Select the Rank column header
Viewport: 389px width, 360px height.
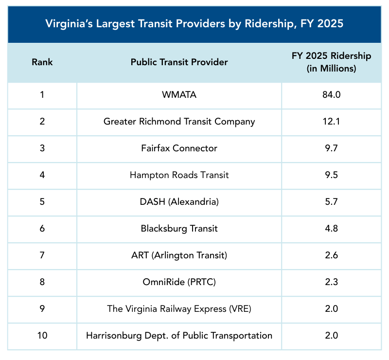pos(42,62)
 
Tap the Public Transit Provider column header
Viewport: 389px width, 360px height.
pos(179,62)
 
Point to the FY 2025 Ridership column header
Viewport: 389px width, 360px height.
pos(331,62)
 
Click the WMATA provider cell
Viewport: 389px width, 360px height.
pos(179,95)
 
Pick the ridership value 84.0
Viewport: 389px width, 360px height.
pos(331,95)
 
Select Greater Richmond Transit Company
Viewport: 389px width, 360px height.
pos(179,122)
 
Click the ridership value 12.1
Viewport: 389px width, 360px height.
pos(331,122)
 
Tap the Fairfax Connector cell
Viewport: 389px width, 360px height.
pos(179,148)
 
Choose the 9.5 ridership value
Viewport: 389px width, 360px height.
pos(331,175)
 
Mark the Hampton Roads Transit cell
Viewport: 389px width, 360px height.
pos(179,175)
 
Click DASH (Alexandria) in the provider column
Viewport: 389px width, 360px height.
pos(179,202)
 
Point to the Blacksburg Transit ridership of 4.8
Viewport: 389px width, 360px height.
pos(331,228)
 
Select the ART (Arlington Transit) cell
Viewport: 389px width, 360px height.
pos(179,255)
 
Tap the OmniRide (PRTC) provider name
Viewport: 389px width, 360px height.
pos(179,282)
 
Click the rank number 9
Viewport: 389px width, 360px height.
pos(42,308)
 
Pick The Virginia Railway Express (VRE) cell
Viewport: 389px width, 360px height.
pos(179,308)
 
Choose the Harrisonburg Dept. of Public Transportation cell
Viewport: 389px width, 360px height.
pos(179,335)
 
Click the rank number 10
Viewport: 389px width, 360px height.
pos(42,335)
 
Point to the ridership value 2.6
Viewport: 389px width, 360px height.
pos(331,255)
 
